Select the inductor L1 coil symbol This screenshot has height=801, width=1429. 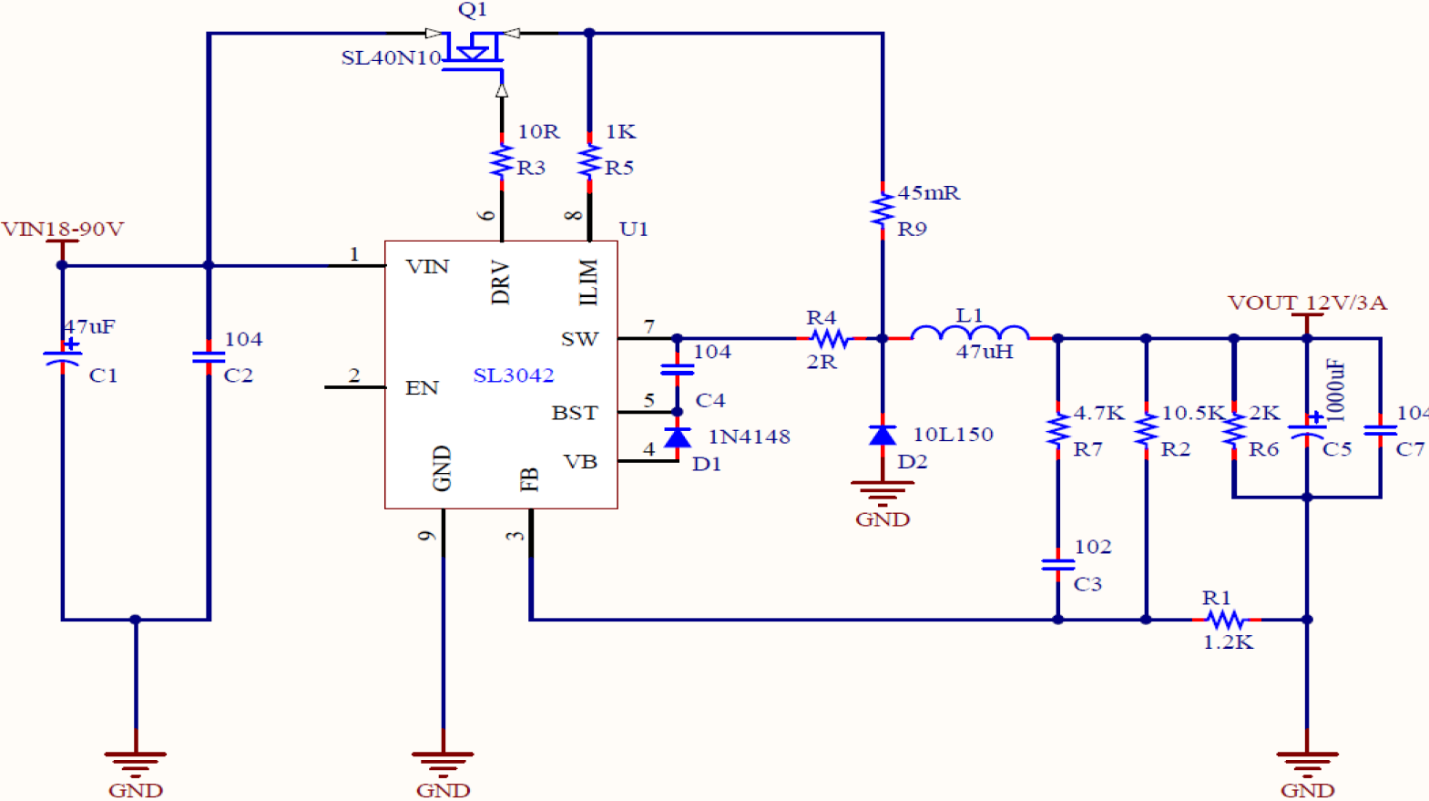click(970, 334)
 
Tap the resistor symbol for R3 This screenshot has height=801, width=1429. click(502, 161)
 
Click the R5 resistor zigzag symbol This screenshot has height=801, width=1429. click(589, 161)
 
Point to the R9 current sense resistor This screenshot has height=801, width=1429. click(882, 210)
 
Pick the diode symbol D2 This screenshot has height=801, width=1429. click(882, 436)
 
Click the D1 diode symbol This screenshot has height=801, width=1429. click(677, 438)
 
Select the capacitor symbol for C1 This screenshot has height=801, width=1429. click(62, 358)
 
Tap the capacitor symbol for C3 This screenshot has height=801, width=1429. click(1057, 565)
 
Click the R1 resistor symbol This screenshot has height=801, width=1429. click(1226, 620)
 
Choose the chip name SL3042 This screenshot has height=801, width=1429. click(513, 375)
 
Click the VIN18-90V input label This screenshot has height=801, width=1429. click(62, 229)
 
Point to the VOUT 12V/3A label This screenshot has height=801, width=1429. click(1307, 303)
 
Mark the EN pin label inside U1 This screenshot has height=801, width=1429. click(422, 388)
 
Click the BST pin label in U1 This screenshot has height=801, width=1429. click(575, 413)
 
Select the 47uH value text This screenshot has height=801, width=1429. click(984, 352)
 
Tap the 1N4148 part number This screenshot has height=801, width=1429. click(749, 436)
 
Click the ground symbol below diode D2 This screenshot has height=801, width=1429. click(882, 493)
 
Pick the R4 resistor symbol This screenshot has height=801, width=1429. click(830, 339)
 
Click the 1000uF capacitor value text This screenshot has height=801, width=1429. click(1335, 389)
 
